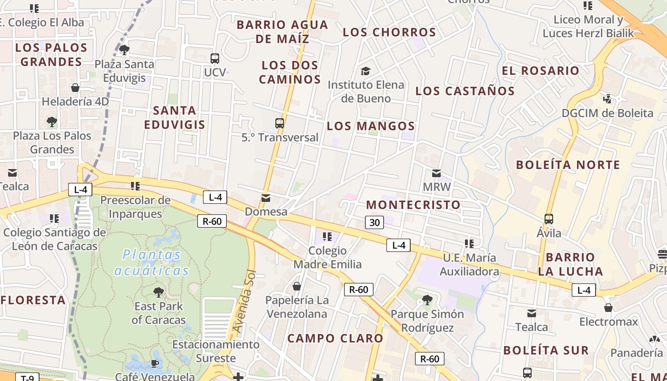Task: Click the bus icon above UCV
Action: click(215, 59)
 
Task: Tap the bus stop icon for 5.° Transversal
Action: click(280, 123)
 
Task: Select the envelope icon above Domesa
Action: click(266, 198)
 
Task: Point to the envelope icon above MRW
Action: click(436, 173)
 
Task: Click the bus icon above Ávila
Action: click(549, 219)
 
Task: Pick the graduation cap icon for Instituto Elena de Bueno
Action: click(365, 71)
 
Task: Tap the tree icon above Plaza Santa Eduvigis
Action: click(124, 50)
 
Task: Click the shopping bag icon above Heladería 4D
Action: click(75, 88)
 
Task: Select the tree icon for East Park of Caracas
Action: click(159, 292)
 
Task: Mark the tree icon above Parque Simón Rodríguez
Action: click(427, 300)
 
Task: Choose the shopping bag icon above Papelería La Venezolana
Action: click(297, 286)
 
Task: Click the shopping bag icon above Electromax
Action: click(608, 308)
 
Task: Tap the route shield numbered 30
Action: click(375, 222)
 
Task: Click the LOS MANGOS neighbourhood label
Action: click(371, 126)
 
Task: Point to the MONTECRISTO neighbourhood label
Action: click(413, 205)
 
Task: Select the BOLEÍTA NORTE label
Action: click(568, 165)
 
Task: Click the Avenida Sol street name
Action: click(244, 301)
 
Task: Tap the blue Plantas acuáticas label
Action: click(152, 262)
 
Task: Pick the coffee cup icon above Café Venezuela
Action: click(154, 363)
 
